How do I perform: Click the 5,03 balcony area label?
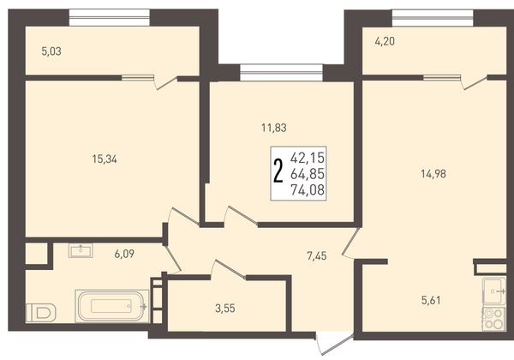51,51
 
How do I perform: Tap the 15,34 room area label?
105,159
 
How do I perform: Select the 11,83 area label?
274,128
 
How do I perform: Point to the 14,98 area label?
433,174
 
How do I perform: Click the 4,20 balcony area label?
385,41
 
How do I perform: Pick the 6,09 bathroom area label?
124,254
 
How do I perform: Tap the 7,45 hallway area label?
317,255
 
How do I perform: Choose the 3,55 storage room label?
225,309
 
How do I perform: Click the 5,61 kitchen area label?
431,300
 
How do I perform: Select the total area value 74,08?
308,189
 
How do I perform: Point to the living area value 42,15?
308,158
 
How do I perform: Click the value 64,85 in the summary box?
308,174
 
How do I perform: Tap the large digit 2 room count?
278,171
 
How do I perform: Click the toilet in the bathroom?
41,313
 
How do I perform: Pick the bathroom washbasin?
81,250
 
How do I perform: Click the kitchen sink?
494,291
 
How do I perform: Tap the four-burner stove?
494,319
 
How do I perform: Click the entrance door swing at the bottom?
334,344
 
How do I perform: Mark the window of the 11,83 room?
282,73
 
